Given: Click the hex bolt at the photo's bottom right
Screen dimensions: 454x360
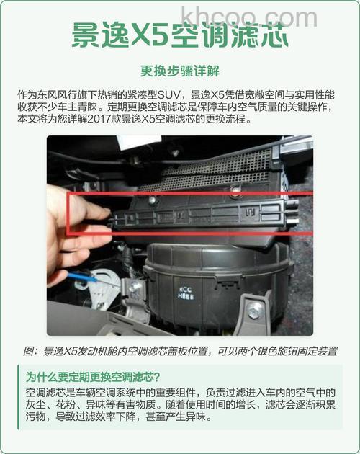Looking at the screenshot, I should click(x=255, y=311).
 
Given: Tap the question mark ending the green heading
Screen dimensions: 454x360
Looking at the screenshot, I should click(x=156, y=377).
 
